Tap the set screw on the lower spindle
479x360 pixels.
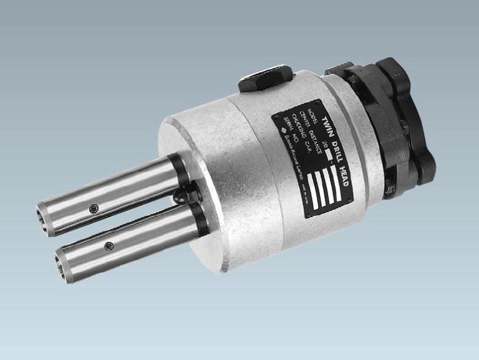point(109,245)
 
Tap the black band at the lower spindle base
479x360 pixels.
point(200,218)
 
